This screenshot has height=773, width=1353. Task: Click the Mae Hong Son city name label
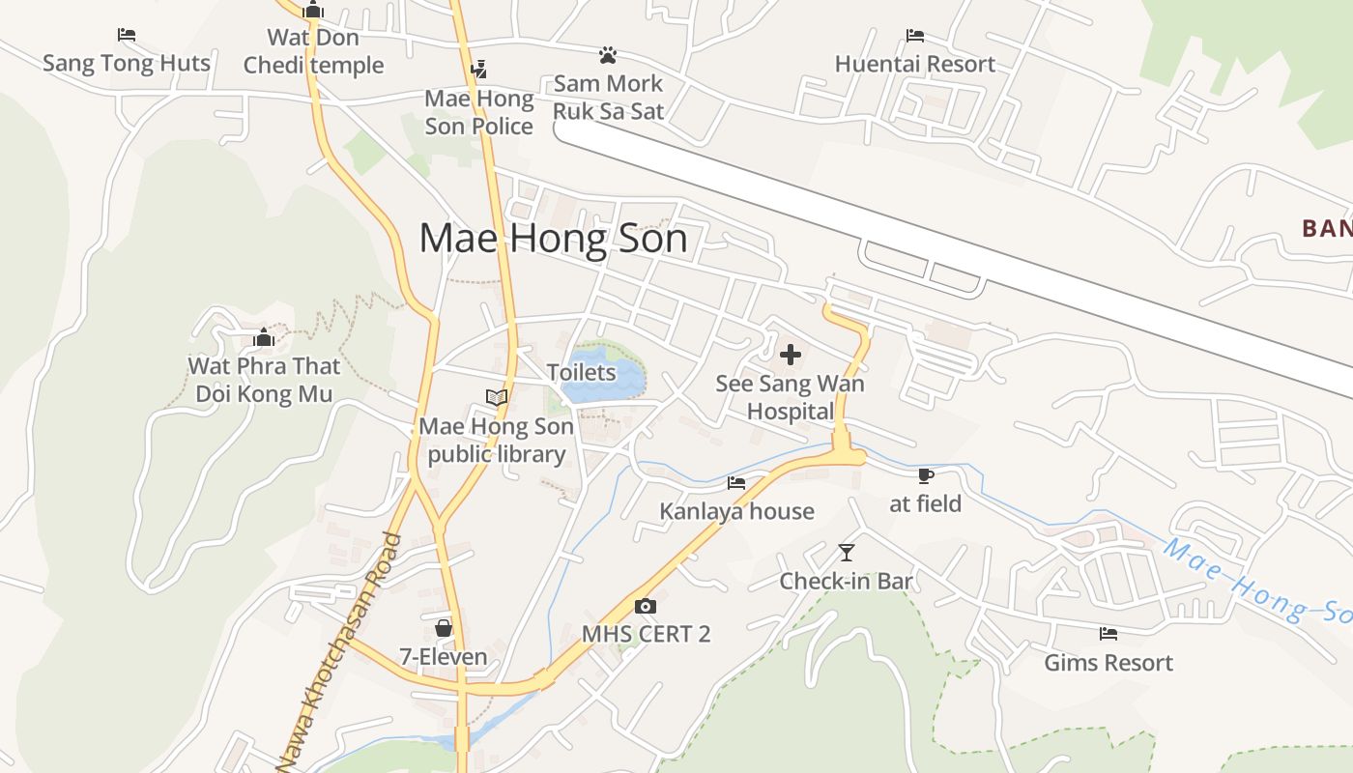(x=553, y=239)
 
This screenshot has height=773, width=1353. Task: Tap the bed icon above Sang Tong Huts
(x=127, y=35)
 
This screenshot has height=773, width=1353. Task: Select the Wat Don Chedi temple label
(x=313, y=51)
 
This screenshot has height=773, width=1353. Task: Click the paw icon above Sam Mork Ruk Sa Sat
(x=608, y=55)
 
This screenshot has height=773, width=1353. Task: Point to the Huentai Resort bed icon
(x=915, y=36)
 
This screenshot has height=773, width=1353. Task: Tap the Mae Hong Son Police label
(x=479, y=112)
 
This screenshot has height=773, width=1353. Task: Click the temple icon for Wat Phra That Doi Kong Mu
(x=264, y=338)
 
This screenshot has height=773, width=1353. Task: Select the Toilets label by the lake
(x=581, y=372)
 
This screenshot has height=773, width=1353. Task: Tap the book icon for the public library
(x=497, y=397)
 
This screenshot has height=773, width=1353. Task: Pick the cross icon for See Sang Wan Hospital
(x=791, y=355)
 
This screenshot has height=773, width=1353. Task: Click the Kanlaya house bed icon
(x=736, y=482)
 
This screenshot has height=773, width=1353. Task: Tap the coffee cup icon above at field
(x=925, y=475)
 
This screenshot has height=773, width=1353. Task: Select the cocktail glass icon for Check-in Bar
(x=847, y=553)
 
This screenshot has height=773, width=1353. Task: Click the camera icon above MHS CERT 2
(x=646, y=606)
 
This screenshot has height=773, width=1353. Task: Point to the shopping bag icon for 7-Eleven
(x=444, y=629)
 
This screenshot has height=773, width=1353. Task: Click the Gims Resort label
(x=1108, y=663)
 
